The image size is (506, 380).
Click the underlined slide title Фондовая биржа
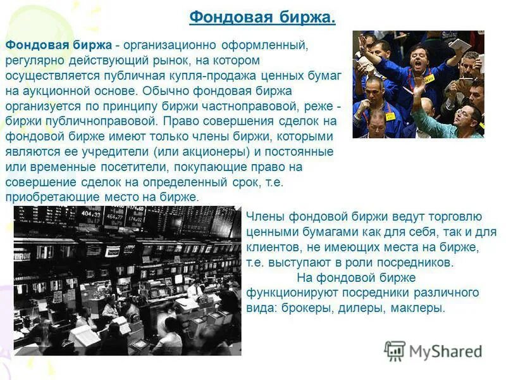pos(262,17)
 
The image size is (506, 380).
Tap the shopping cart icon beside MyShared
pos(395,350)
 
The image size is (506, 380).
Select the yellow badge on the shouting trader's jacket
pos(429,79)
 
